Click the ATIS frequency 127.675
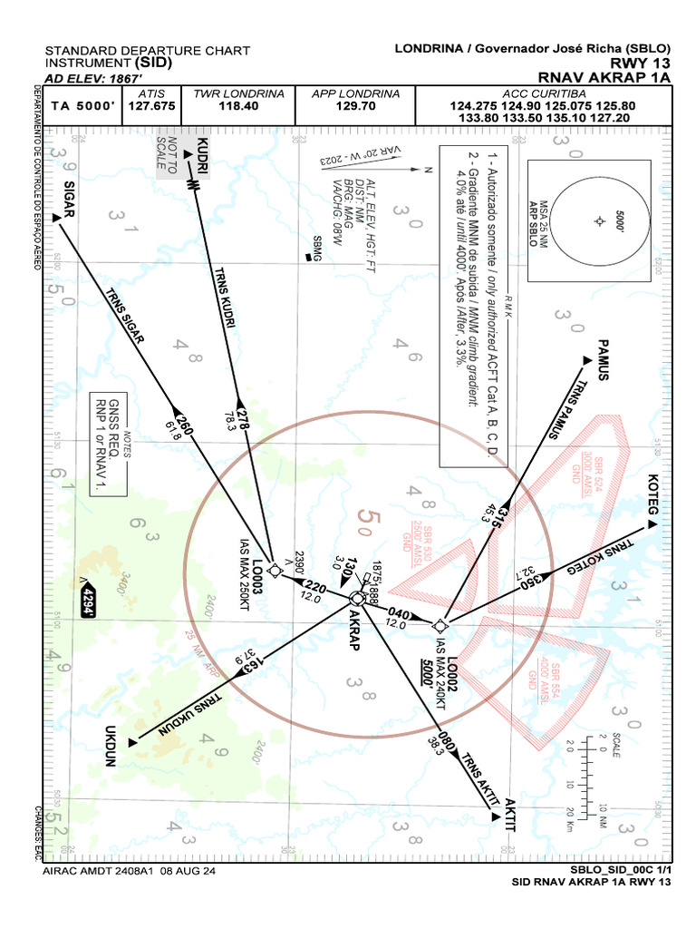tap(150, 106)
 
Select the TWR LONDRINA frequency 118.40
tap(239, 106)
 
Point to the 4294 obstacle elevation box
tap(88, 601)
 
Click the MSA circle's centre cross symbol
tap(599, 221)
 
